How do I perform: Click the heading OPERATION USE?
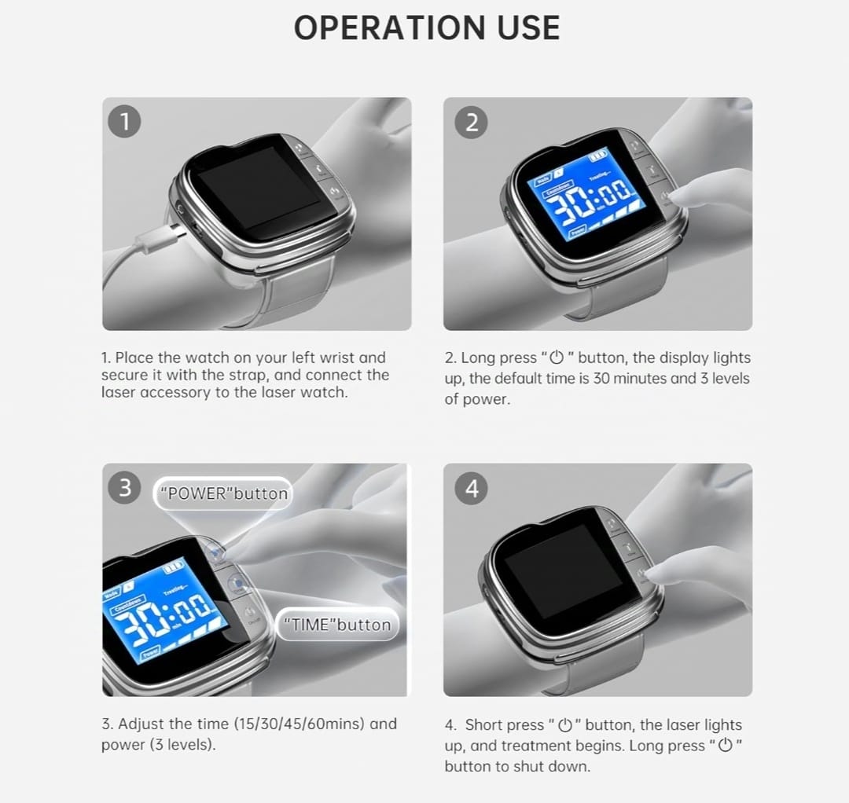[427, 28]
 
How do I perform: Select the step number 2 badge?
[472, 122]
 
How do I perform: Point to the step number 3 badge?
[124, 487]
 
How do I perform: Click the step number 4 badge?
[472, 489]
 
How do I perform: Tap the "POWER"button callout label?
[224, 493]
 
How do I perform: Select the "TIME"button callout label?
[337, 625]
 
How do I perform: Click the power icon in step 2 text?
[556, 357]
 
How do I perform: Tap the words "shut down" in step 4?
[549, 766]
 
